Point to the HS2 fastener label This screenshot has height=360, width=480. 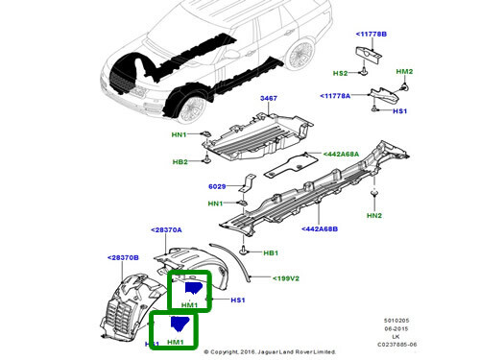tap(341, 73)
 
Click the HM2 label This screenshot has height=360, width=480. tap(405, 72)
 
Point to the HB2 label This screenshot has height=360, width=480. tap(180, 161)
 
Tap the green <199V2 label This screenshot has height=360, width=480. tap(285, 278)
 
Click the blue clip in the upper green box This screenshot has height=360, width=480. tap(194, 288)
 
